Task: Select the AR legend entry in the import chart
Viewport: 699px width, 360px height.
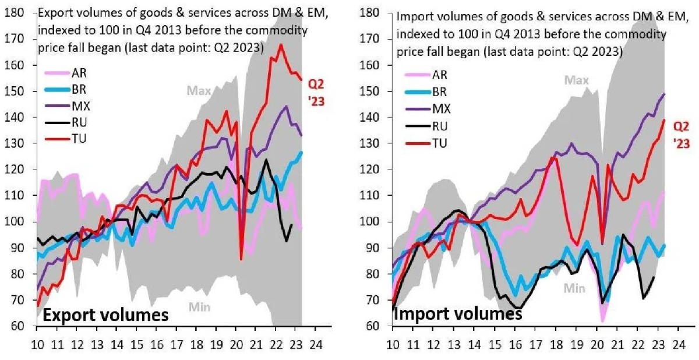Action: tap(440, 75)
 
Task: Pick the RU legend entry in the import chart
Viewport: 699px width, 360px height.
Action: tap(440, 125)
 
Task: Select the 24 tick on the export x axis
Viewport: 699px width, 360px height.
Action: tap(315, 343)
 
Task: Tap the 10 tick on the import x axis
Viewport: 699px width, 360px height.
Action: tap(394, 343)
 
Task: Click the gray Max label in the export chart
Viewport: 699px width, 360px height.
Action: tap(199, 90)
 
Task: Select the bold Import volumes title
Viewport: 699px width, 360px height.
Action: tap(458, 314)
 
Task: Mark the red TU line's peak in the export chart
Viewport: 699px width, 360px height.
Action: tap(281, 44)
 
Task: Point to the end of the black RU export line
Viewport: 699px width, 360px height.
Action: tap(291, 224)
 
